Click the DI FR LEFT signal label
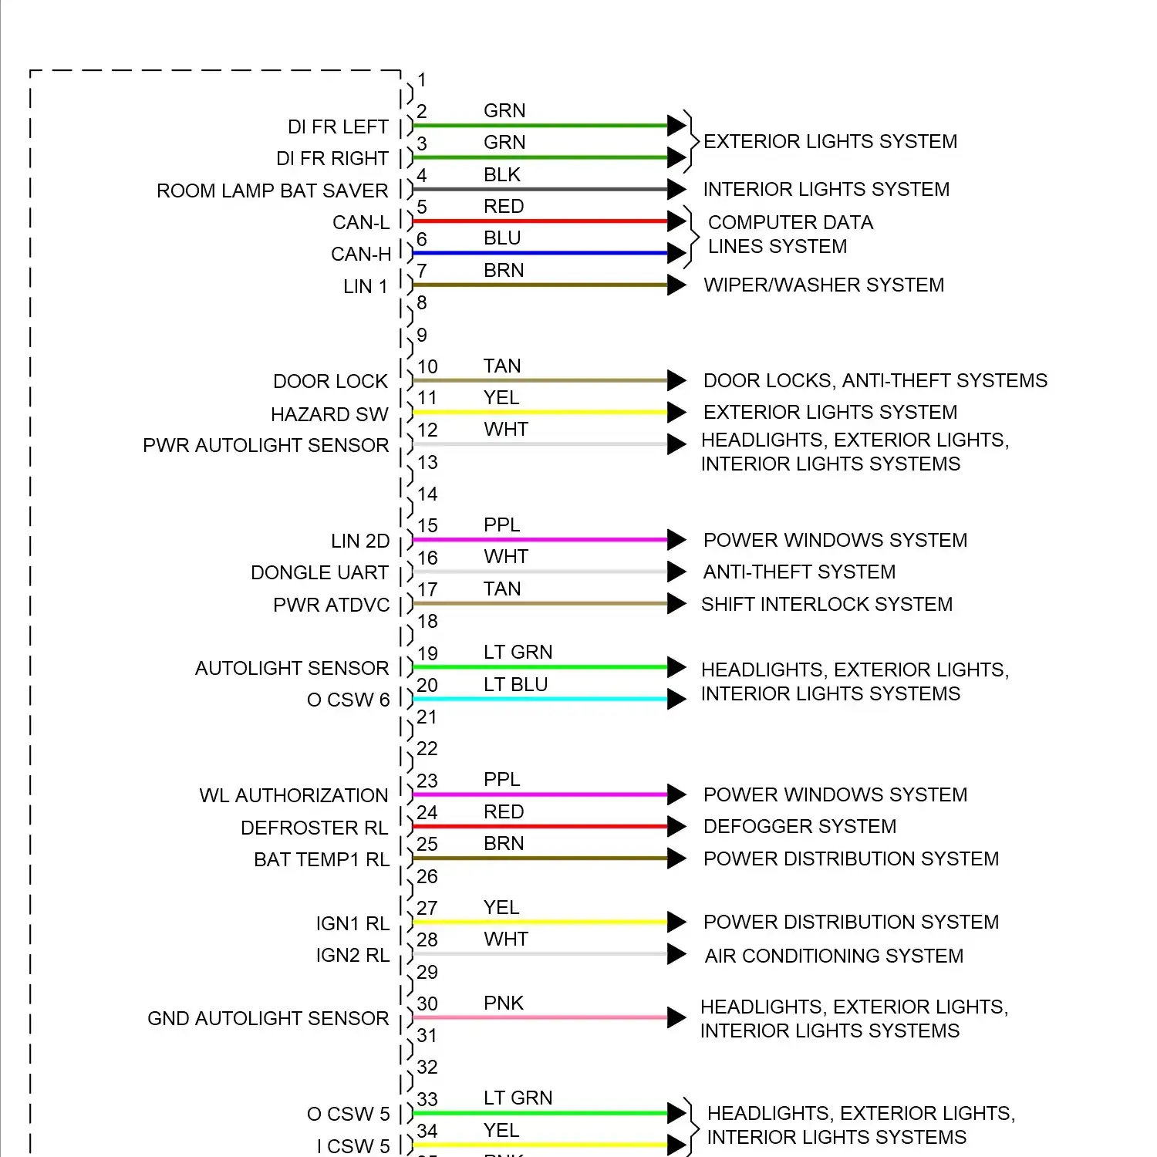point(338,126)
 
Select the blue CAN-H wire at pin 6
point(540,253)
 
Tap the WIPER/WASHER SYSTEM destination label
point(824,285)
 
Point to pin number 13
point(427,462)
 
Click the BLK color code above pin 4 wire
point(502,175)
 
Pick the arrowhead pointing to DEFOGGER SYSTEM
point(676,827)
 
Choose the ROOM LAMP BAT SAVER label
point(272,191)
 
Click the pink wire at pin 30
point(540,1017)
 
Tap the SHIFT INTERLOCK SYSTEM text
point(827,604)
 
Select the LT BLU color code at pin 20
point(515,684)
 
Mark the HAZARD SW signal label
point(329,414)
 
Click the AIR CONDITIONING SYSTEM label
point(834,956)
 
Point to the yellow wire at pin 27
point(540,922)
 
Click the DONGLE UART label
point(319,572)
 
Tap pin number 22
point(427,749)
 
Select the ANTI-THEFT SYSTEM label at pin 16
point(799,572)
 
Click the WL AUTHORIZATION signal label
point(294,795)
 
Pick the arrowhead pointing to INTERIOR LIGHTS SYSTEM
point(676,189)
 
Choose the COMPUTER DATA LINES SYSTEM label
point(790,234)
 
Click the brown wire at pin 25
point(540,858)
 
